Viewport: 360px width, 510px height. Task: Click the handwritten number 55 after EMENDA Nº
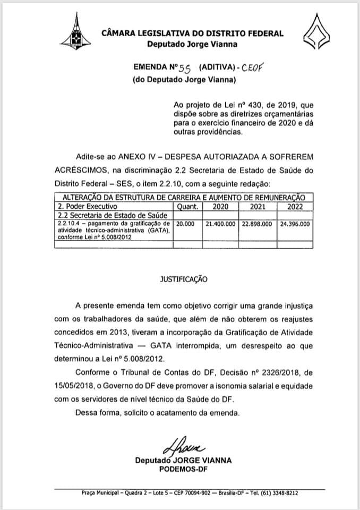click(x=184, y=68)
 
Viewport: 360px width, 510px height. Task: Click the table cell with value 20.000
click(x=186, y=224)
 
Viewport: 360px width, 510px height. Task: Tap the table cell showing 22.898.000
click(x=258, y=224)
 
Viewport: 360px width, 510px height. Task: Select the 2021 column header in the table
click(x=258, y=206)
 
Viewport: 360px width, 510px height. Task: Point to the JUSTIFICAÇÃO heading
click(x=181, y=278)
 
